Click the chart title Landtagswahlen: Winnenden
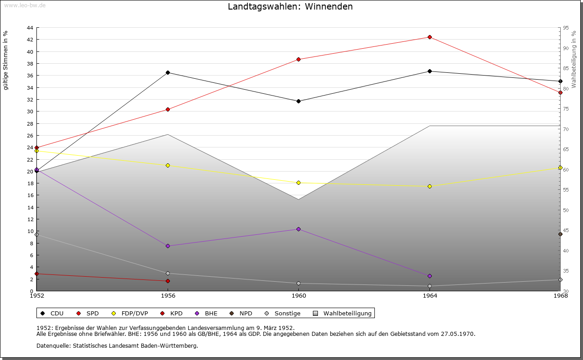(x=290, y=6)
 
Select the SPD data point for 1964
(x=430, y=37)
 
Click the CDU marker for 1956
(x=168, y=72)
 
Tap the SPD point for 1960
(x=298, y=59)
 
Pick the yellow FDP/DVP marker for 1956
(x=168, y=165)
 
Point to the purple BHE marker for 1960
(x=298, y=229)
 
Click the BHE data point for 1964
(x=430, y=276)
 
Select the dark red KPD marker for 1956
(x=168, y=281)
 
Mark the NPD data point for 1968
(x=560, y=234)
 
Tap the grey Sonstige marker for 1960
(x=298, y=283)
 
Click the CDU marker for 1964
(x=430, y=71)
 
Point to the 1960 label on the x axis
(x=298, y=296)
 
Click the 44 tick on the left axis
(x=30, y=28)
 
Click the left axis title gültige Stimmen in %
(x=5, y=60)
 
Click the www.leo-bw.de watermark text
(x=25, y=5)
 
